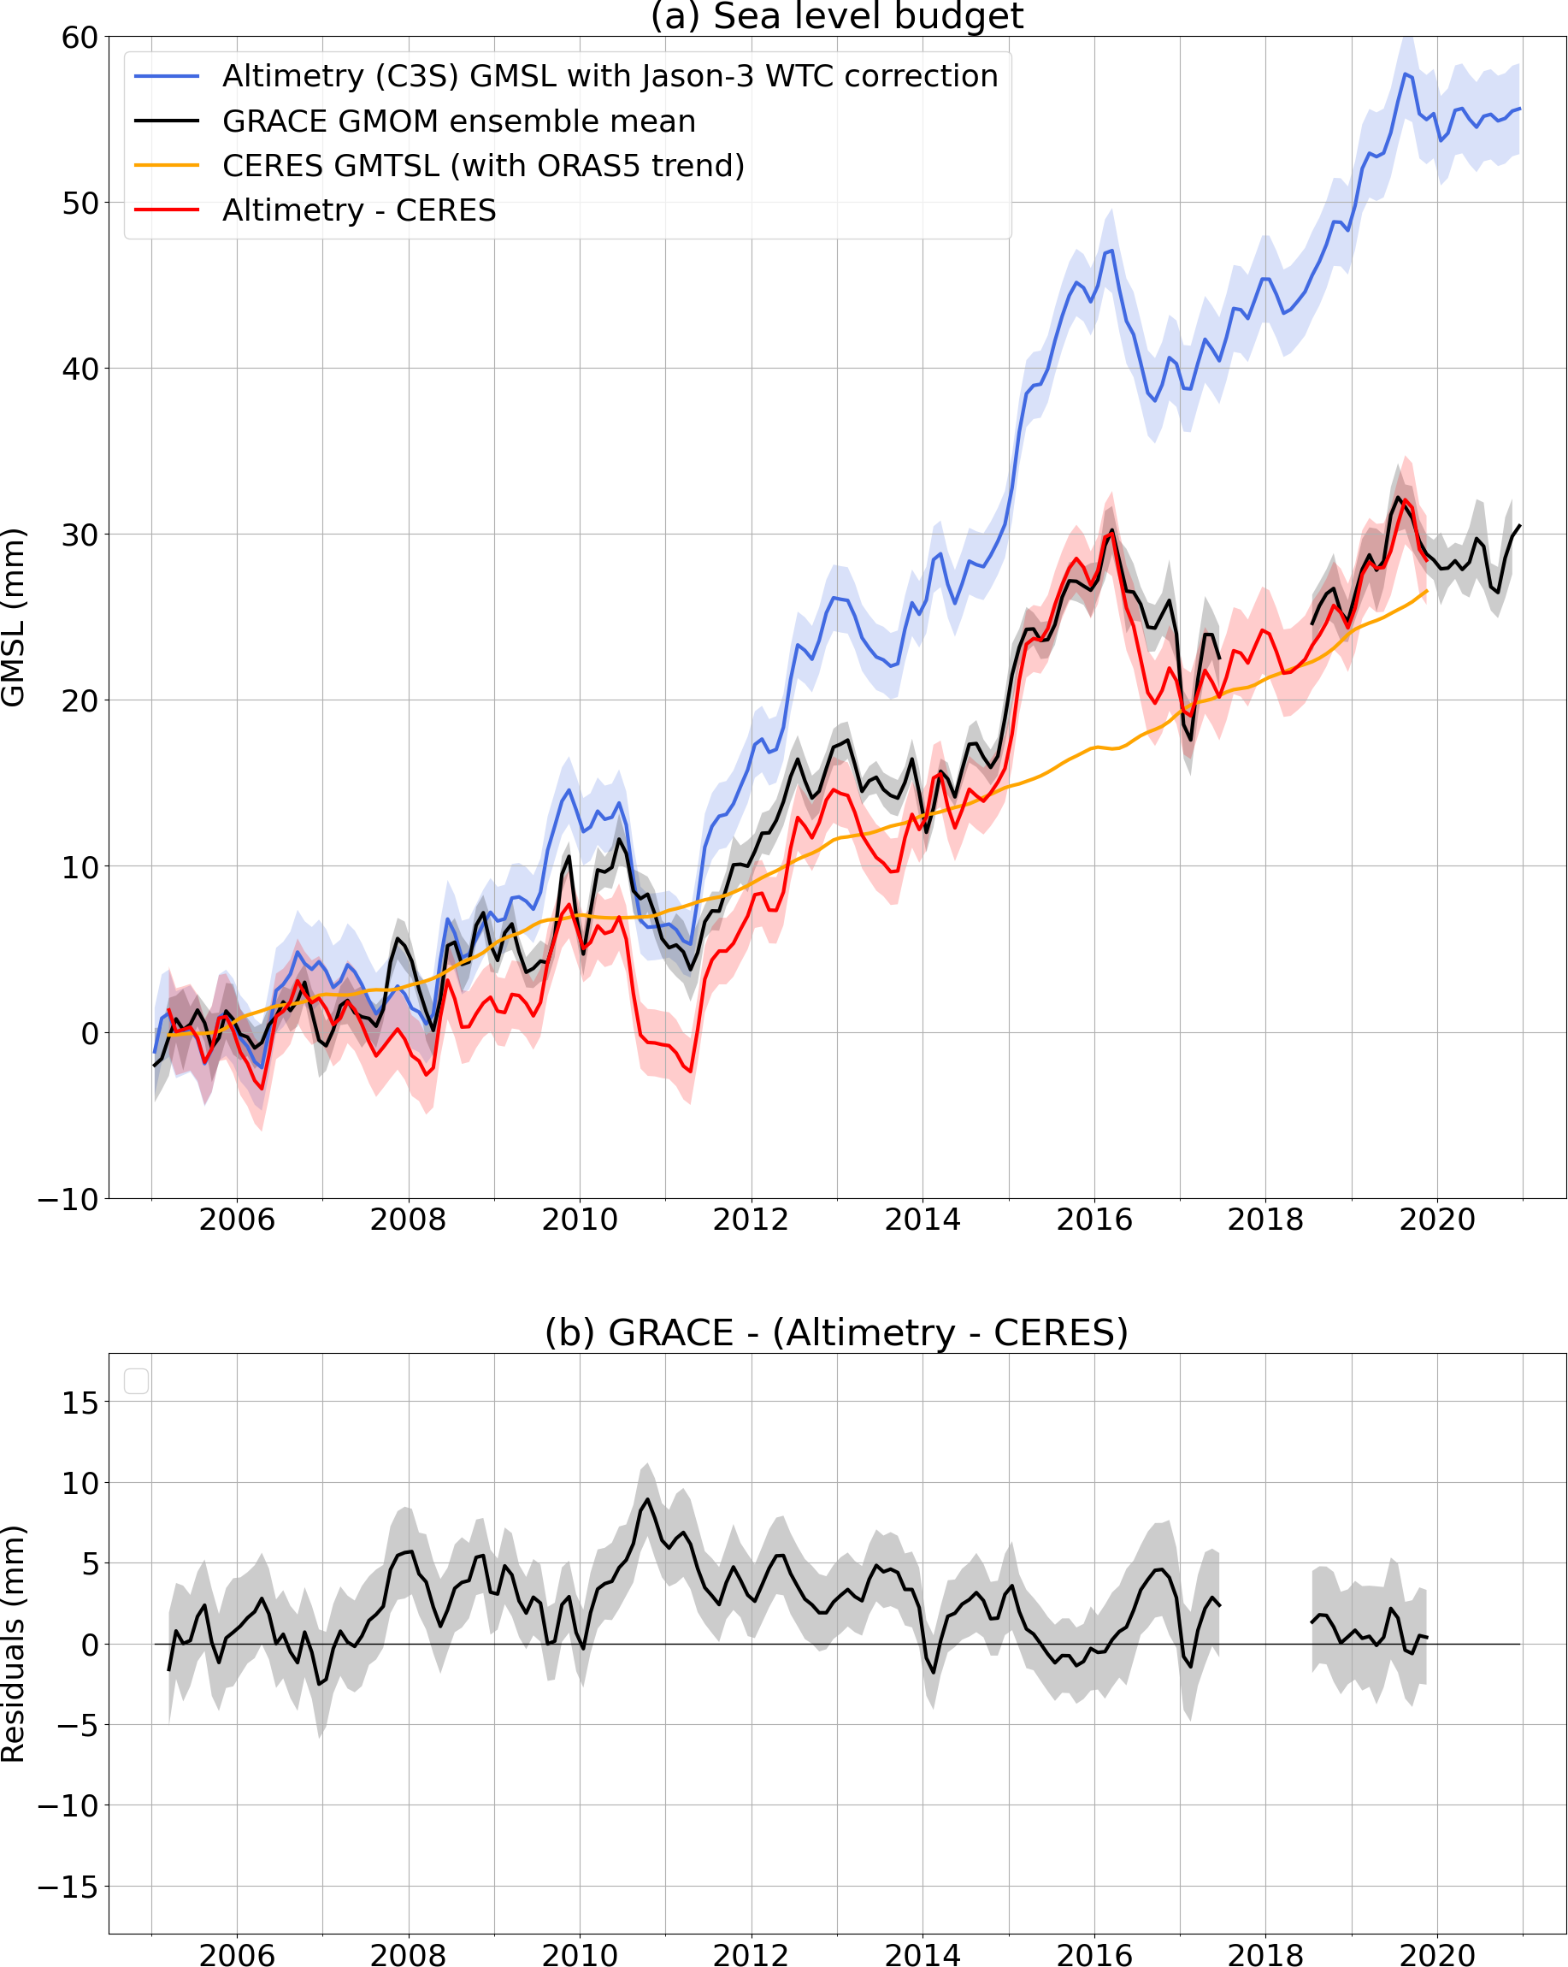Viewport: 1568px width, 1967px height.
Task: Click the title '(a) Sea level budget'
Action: (836, 16)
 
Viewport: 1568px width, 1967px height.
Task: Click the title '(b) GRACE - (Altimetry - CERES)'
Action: (836, 1333)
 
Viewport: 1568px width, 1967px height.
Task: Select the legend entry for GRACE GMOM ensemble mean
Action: (459, 121)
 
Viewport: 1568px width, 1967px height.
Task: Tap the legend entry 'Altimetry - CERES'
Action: (359, 210)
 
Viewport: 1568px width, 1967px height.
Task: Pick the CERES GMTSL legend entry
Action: (483, 165)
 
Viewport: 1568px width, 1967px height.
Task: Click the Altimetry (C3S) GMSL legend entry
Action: (610, 76)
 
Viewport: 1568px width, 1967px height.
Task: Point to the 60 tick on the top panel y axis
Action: (80, 38)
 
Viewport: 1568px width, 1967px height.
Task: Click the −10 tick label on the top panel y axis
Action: (68, 1199)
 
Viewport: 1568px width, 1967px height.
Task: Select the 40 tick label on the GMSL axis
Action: (80, 369)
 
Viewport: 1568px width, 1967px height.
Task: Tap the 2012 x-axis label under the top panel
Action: (751, 1220)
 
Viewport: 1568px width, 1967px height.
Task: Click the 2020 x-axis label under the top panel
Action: (1436, 1220)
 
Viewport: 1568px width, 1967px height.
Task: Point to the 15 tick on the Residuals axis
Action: (80, 1403)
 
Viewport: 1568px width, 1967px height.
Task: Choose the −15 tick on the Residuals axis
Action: (68, 1886)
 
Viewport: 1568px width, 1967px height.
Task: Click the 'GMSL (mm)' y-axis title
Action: (14, 617)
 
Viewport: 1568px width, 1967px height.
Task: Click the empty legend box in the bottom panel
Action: (136, 1381)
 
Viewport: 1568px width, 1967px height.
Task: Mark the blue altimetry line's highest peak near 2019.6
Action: (1405, 74)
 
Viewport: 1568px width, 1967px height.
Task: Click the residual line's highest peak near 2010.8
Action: (647, 1499)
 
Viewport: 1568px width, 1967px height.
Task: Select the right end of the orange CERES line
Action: (1427, 591)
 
